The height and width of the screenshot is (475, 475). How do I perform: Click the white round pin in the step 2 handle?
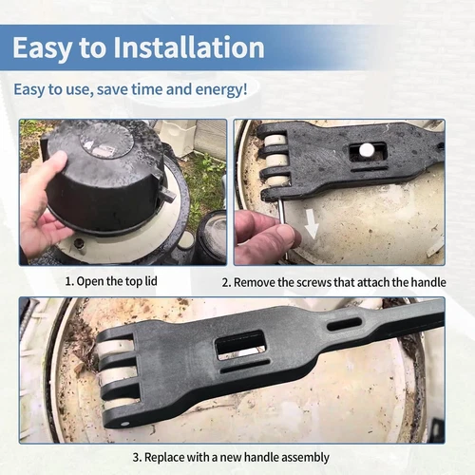pyautogui.click(x=365, y=149)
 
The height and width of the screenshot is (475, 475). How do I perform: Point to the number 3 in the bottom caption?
pyautogui.click(x=135, y=457)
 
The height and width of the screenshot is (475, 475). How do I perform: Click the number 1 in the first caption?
pyautogui.click(x=68, y=282)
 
